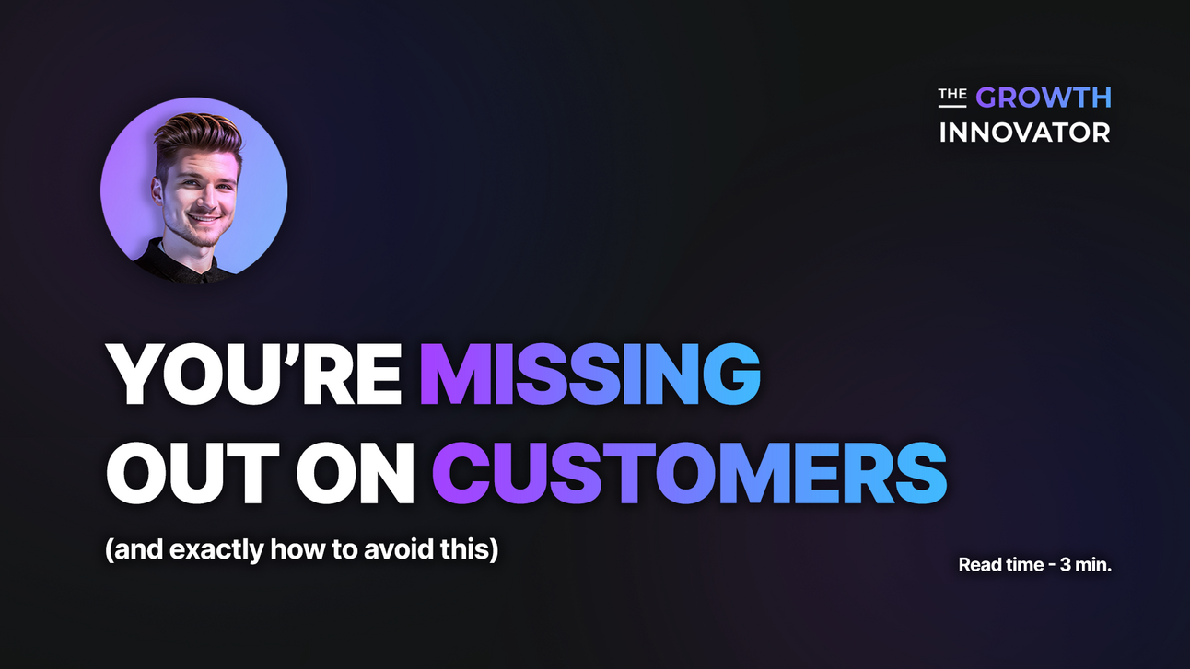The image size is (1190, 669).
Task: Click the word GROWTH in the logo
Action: (x=1044, y=98)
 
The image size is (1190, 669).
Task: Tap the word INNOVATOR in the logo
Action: (x=1024, y=133)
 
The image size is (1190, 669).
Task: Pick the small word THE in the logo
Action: (x=952, y=95)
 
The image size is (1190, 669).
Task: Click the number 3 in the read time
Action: (x=1065, y=565)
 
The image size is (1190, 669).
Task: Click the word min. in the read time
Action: (x=1094, y=565)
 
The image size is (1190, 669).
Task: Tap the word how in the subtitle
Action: (x=292, y=550)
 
